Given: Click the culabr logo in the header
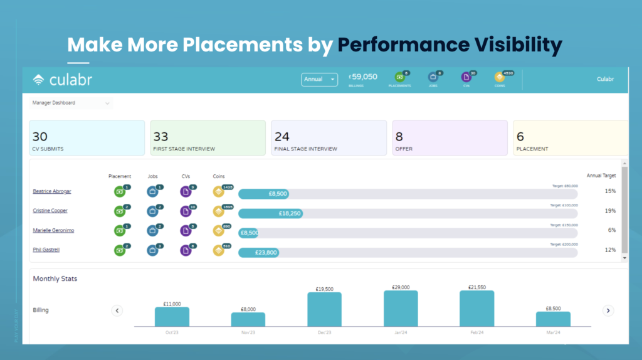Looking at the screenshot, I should pos(63,80).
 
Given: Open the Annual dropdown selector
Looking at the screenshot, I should pos(319,80).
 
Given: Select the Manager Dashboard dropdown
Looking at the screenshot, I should pos(71,103).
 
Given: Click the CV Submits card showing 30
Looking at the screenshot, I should pos(87,138).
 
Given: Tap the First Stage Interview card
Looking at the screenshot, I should pos(208,138).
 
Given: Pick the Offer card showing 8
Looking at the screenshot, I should pos(450,138).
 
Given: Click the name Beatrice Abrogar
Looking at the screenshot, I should pos(52,191).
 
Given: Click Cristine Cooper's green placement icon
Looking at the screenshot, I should pos(120,211).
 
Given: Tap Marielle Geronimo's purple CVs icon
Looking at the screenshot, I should pos(186,231).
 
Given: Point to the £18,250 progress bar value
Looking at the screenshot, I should pos(290,213).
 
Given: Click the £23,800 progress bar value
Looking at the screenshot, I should pos(266,253).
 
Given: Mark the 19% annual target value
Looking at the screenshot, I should pos(610,211).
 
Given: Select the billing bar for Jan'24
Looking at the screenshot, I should pos(401,308).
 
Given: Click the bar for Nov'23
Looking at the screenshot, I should pos(248,319).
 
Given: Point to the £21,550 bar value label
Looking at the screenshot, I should pos(476,287).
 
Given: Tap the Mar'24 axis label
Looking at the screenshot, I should pos(553,334).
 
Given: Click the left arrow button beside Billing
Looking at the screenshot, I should pos(117,310).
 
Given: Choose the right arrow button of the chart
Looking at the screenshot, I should pos(608,310).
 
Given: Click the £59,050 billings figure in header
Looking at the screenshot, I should pos(363,77).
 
